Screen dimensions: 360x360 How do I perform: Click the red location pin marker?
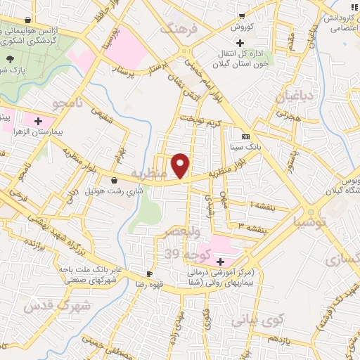pos(181,166)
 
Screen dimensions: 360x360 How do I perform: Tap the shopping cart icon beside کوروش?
pos(241,16)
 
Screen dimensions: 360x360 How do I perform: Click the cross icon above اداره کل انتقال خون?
pos(241,44)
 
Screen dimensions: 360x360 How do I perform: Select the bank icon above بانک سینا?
pos(245,136)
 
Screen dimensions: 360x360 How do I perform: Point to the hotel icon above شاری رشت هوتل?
pos(114,180)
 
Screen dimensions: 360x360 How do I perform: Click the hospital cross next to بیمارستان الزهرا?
pos(37,122)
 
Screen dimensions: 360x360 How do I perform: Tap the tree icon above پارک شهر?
pos(11,60)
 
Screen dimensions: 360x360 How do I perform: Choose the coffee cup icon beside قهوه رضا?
pos(149,274)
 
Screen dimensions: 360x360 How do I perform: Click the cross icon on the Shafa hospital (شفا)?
pos(221,261)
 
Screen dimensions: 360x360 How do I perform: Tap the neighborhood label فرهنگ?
pos(176,30)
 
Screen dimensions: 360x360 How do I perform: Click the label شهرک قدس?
pos(58,305)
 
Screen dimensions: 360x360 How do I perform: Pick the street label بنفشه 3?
pos(251,228)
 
